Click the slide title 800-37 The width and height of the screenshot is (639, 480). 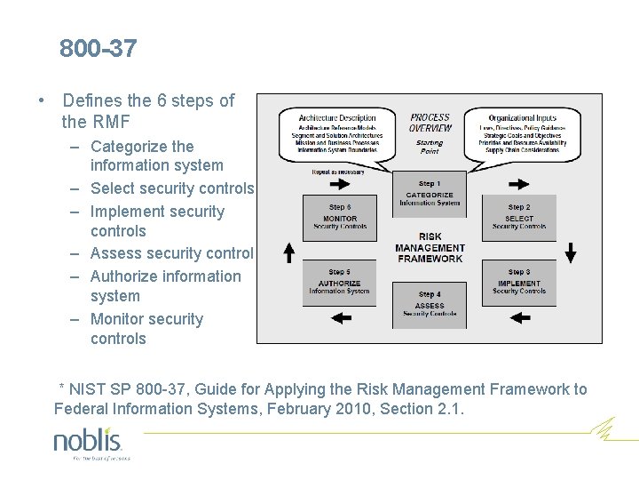[x=99, y=49]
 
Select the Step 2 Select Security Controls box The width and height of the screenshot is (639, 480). [x=519, y=218]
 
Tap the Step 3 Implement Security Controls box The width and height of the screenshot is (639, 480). [x=519, y=283]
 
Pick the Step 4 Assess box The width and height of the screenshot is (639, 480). [x=430, y=305]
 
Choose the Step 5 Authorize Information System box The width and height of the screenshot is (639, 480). [x=339, y=283]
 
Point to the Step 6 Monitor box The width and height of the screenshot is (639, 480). [x=339, y=218]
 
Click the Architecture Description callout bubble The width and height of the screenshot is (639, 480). [x=337, y=133]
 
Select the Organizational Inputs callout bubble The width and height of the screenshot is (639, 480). [x=523, y=133]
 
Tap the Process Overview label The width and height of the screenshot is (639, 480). [x=430, y=123]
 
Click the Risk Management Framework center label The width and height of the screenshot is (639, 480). [x=430, y=248]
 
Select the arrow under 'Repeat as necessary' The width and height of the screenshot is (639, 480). [x=339, y=184]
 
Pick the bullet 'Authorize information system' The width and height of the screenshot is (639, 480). [x=165, y=286]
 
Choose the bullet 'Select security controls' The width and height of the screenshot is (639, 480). [x=172, y=188]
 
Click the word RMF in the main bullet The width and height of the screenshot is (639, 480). [x=114, y=120]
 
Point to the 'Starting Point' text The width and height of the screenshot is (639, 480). [x=430, y=147]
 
